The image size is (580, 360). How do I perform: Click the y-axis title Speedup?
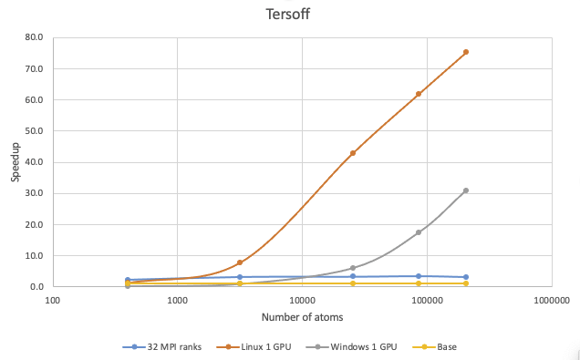(x=16, y=162)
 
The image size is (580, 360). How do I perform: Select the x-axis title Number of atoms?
(x=303, y=317)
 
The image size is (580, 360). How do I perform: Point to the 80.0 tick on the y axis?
(x=36, y=38)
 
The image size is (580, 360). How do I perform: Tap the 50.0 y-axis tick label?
(x=36, y=131)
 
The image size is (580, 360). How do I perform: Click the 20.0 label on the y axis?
(x=36, y=225)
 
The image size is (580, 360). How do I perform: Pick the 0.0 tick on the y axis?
(x=38, y=287)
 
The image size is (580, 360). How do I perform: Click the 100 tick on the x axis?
(x=53, y=299)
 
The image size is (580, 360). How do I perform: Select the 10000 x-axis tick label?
(x=303, y=299)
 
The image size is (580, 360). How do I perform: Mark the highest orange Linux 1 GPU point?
(x=466, y=52)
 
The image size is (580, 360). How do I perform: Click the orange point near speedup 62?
(x=419, y=94)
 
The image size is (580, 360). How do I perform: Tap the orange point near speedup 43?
(x=353, y=153)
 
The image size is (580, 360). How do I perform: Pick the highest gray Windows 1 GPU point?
(x=466, y=190)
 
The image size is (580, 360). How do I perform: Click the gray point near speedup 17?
(x=419, y=232)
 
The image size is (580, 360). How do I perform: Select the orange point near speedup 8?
(x=240, y=262)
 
